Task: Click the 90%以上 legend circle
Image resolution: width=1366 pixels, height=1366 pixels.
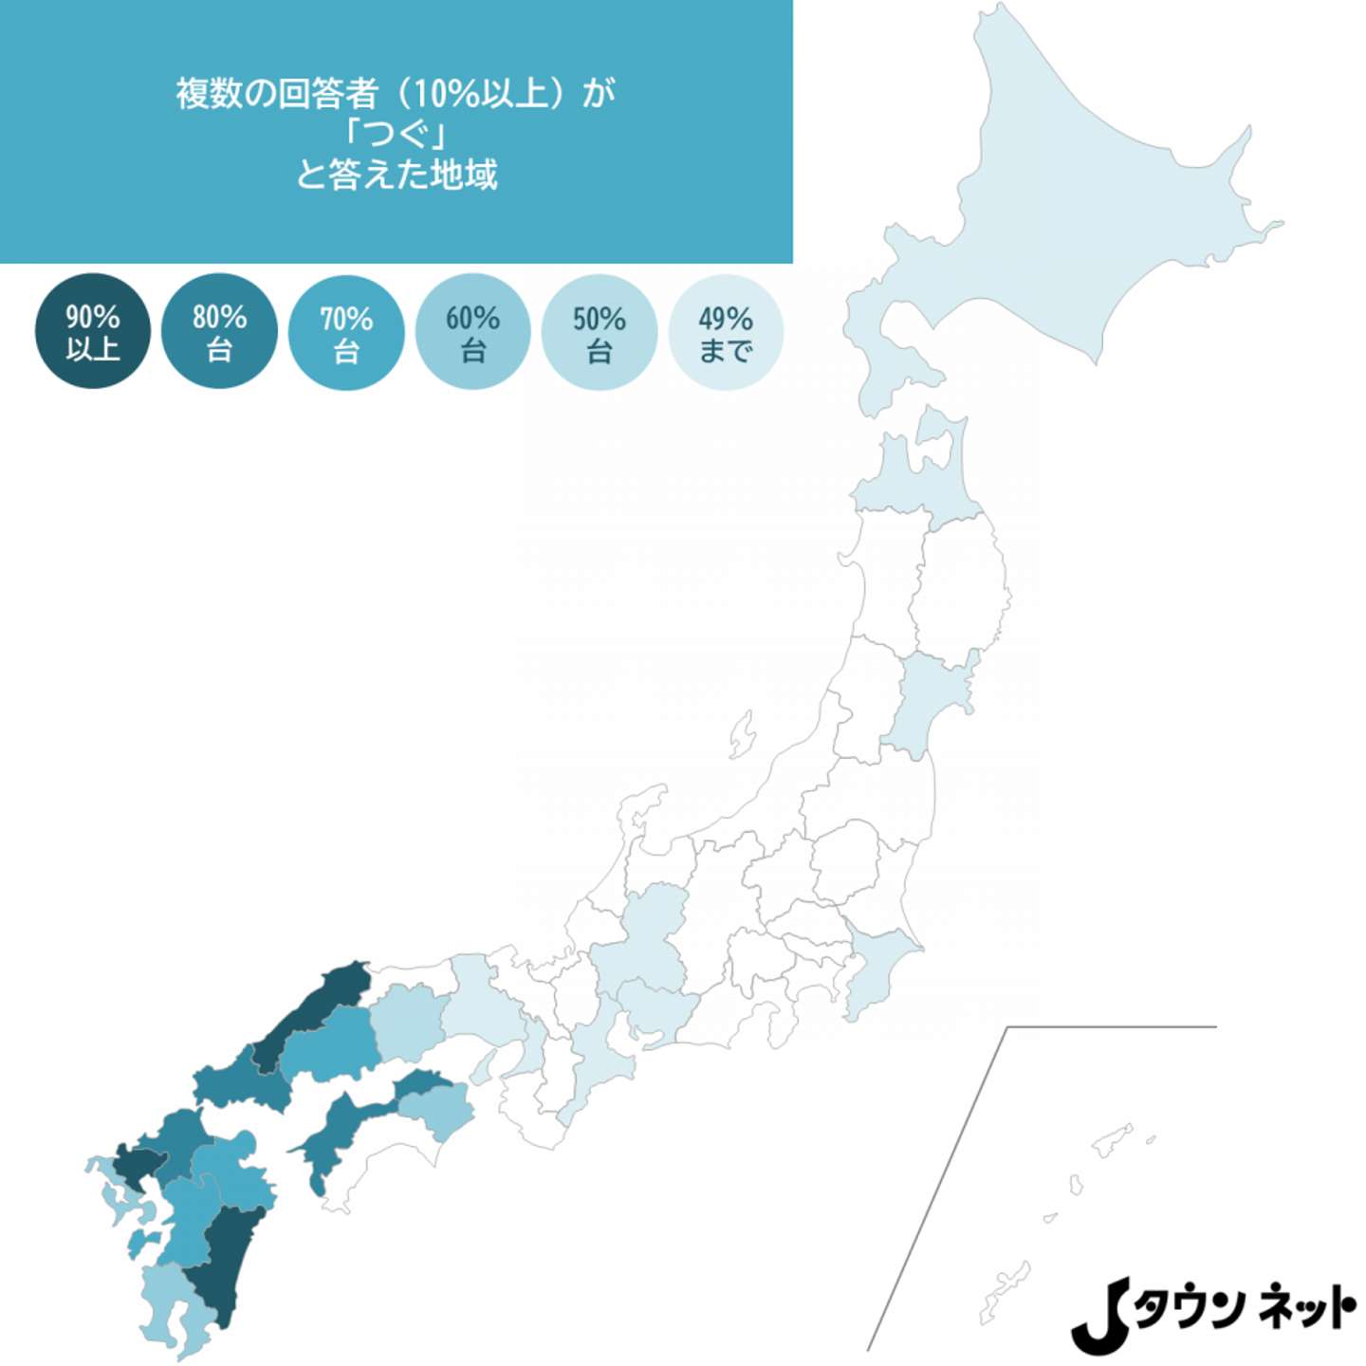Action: [x=92, y=331]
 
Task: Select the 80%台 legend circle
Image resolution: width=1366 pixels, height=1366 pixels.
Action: [x=219, y=331]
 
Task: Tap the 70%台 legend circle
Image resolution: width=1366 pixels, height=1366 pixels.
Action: [x=346, y=333]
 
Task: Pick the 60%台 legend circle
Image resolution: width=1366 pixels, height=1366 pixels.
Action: [x=472, y=332]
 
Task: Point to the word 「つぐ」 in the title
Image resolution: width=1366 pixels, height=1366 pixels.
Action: [x=396, y=134]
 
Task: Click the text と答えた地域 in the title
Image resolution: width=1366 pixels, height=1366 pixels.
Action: [x=396, y=175]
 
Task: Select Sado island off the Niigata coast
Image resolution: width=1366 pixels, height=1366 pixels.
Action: [x=742, y=735]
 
